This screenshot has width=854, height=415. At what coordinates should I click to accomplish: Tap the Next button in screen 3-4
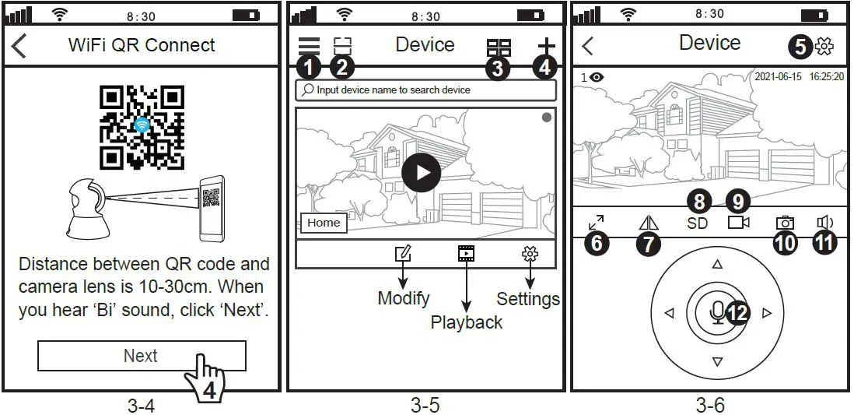(141, 356)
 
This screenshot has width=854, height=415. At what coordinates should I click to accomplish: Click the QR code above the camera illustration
(142, 127)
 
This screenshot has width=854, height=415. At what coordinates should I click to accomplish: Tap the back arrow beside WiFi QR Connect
(19, 45)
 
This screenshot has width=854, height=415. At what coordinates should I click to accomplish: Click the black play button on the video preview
(421, 172)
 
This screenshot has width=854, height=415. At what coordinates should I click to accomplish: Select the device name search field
(425, 90)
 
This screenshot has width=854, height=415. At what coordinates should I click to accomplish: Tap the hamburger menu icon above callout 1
(309, 46)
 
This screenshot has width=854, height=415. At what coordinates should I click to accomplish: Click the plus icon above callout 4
(548, 45)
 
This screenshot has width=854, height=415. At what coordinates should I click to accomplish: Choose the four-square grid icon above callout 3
(499, 47)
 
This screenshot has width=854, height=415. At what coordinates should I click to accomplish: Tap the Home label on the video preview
(324, 223)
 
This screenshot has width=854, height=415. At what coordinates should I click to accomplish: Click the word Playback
(467, 322)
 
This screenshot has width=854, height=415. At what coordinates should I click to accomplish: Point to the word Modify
(404, 298)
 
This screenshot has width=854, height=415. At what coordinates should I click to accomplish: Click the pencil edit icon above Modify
(403, 253)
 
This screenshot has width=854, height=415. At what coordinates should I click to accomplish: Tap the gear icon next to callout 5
(823, 47)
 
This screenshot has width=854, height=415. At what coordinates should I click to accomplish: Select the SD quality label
(698, 223)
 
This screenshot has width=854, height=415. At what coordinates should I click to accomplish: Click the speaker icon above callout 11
(824, 223)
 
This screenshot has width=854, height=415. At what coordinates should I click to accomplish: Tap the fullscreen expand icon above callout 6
(597, 223)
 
